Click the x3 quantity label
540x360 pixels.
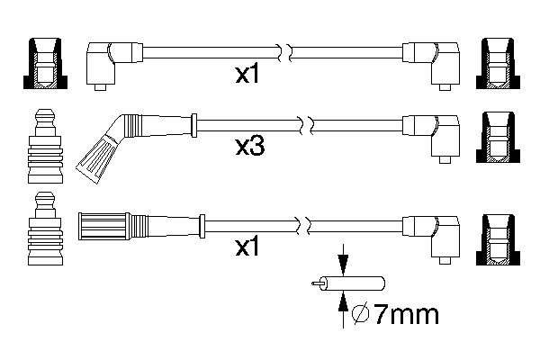[x=250, y=147]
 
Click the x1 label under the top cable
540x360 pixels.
[x=247, y=75]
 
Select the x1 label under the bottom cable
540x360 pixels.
[x=247, y=247]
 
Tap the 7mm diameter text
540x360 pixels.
[x=406, y=314]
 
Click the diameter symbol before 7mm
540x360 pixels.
[x=361, y=314]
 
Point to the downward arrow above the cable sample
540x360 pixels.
[x=343, y=260]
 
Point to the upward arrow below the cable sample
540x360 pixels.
[x=343, y=310]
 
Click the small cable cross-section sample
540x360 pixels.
[x=348, y=283]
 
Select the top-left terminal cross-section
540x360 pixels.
[x=45, y=63]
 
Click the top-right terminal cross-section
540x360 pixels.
[x=498, y=63]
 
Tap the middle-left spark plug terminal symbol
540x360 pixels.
[x=45, y=146]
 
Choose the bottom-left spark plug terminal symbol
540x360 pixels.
[x=45, y=229]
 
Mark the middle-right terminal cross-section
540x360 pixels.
[x=498, y=137]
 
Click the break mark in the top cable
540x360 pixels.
[x=284, y=53]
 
